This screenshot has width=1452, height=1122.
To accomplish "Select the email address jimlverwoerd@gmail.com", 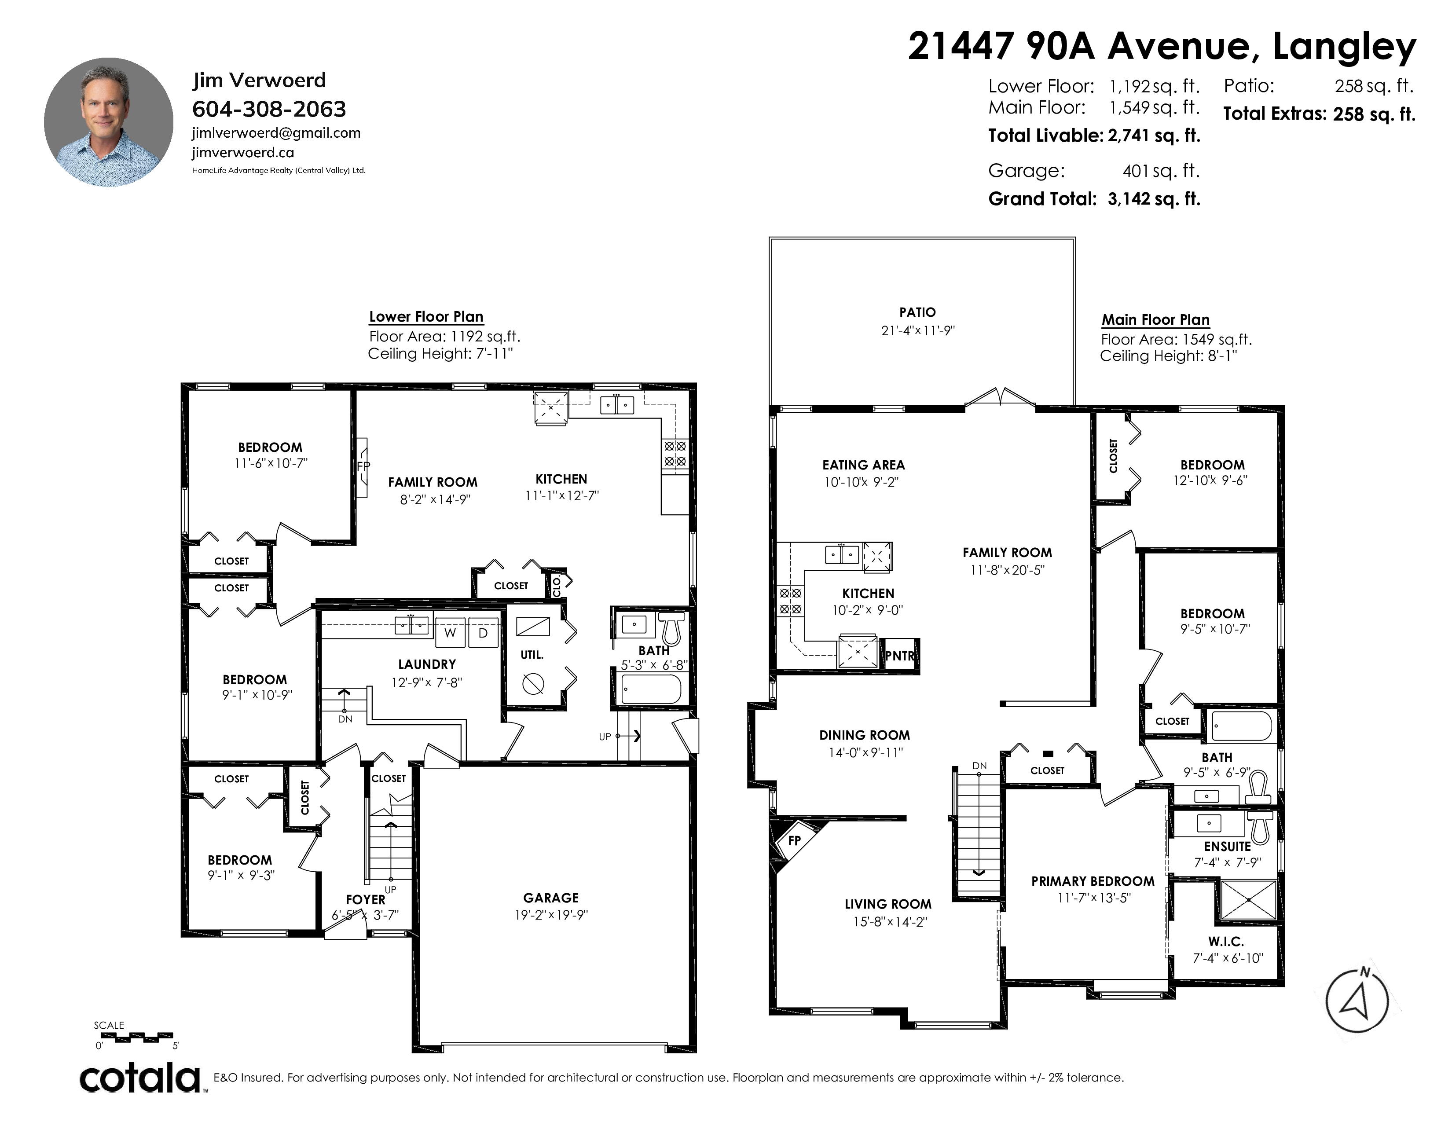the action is click(276, 133).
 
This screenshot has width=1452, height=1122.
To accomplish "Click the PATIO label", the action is click(917, 312).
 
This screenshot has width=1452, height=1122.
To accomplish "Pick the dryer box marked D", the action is click(483, 632).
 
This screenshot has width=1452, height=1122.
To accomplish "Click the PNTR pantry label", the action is click(899, 656).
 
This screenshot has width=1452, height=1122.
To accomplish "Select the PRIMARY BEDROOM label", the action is click(1093, 881).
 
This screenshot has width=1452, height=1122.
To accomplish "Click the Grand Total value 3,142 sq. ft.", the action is click(1154, 199).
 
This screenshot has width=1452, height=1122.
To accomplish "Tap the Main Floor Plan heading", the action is click(1155, 320).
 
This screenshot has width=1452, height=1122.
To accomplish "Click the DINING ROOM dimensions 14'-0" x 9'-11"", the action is click(864, 752).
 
